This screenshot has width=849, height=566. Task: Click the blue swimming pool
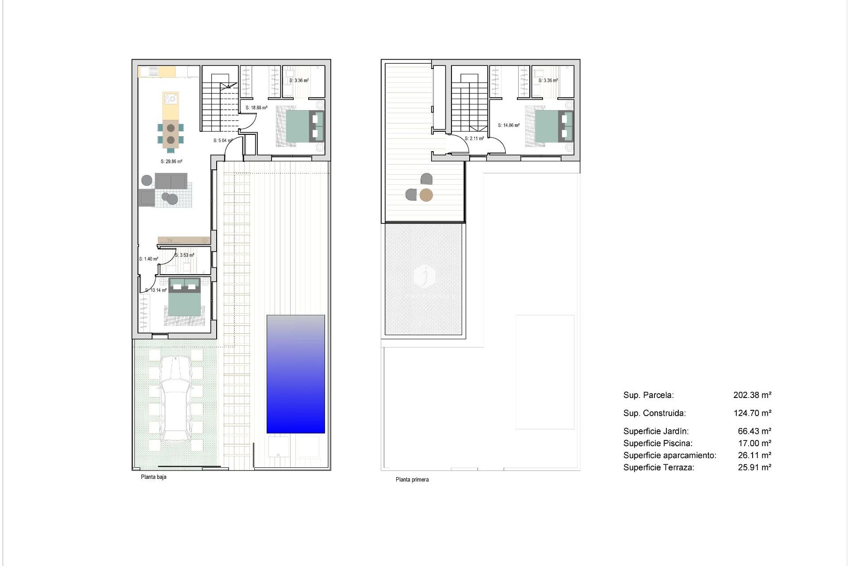(x=295, y=374)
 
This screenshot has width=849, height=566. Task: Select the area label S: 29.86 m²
(x=172, y=161)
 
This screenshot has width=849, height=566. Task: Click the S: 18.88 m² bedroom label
(x=256, y=107)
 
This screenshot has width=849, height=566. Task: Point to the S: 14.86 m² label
(x=509, y=125)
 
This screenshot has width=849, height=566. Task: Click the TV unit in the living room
(x=184, y=240)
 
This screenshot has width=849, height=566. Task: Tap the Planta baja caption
(x=153, y=477)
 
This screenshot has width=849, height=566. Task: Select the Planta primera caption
(x=412, y=479)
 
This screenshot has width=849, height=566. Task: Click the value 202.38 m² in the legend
(x=752, y=395)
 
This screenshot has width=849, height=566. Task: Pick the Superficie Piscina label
(x=658, y=443)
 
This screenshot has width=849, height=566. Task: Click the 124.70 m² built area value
(x=752, y=413)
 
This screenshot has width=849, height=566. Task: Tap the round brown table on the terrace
(x=426, y=195)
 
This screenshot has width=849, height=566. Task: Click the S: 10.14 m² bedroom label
(x=156, y=290)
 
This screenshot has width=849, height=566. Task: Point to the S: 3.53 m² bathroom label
(x=184, y=255)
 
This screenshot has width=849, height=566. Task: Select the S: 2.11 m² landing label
(x=474, y=138)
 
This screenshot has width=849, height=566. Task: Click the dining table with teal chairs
(x=171, y=134)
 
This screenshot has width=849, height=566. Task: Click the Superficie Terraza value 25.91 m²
(x=754, y=467)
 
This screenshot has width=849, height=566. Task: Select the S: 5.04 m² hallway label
(x=222, y=141)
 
